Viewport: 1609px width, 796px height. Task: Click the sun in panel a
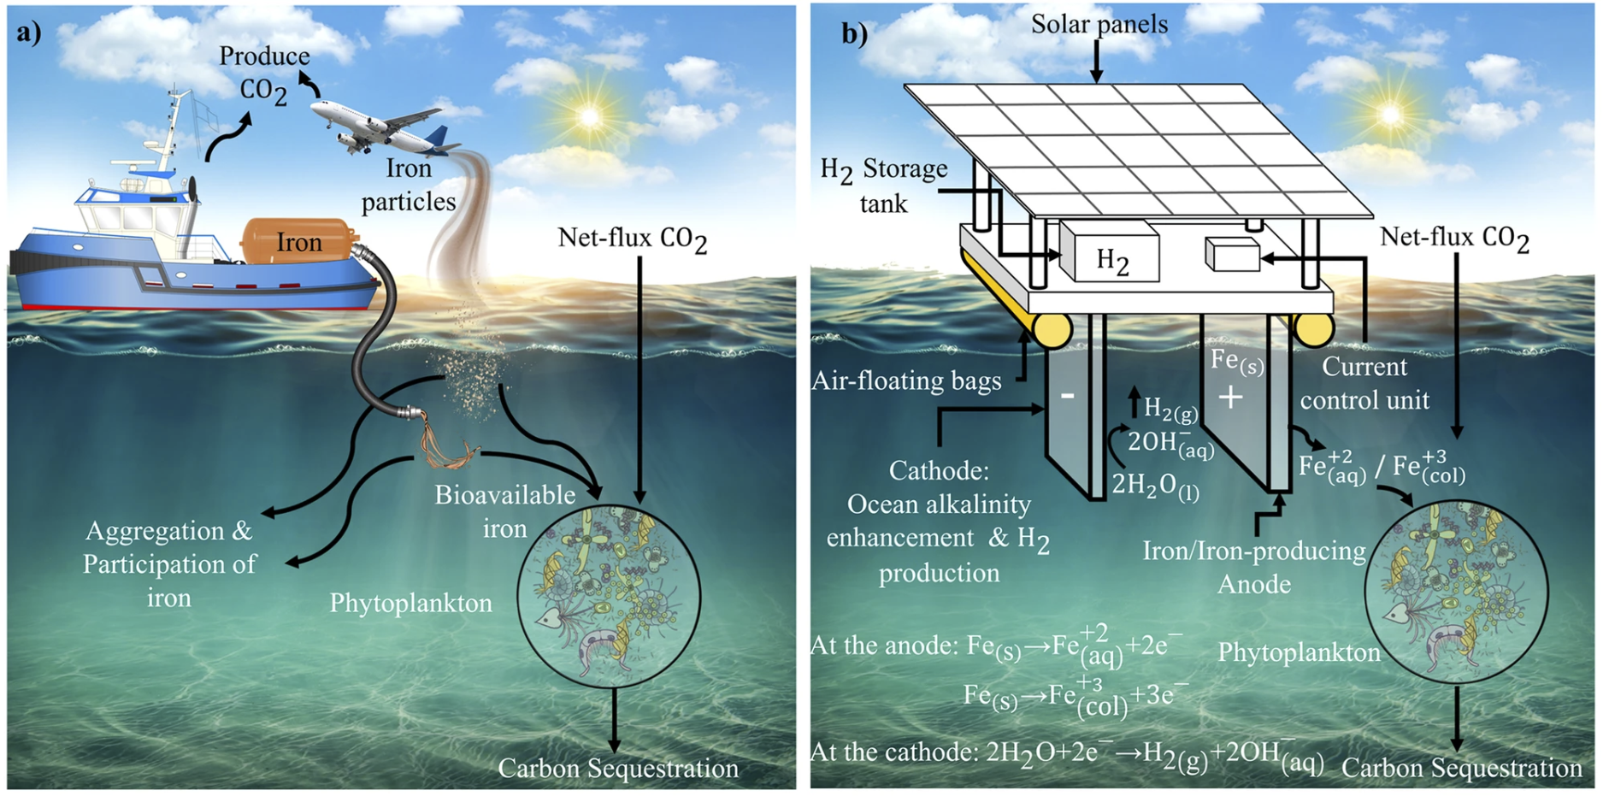[589, 115]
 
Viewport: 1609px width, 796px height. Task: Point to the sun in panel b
[1390, 114]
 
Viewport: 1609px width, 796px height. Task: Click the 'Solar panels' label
[1099, 24]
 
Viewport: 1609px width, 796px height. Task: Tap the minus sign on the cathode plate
[1067, 396]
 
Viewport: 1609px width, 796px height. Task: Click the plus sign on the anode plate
[1230, 397]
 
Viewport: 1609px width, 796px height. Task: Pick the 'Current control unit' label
[1364, 383]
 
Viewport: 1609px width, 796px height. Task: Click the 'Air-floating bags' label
[906, 380]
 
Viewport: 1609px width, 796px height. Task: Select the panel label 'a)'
[28, 32]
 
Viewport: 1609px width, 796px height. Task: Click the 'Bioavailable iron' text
[504, 511]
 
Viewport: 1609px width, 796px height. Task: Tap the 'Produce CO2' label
[263, 74]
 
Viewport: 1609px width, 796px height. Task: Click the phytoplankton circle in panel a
[609, 595]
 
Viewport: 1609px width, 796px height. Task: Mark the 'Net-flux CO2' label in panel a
[632, 239]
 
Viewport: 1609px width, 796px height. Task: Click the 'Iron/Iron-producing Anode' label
[1254, 567]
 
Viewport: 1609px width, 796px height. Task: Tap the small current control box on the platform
[1232, 254]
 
